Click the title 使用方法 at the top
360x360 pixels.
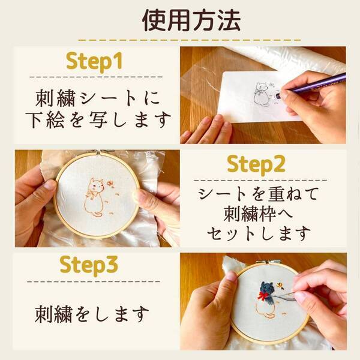(x=191, y=20)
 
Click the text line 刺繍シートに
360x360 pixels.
(x=96, y=96)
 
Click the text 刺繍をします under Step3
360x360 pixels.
(x=91, y=313)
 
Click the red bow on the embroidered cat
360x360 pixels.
(x=263, y=296)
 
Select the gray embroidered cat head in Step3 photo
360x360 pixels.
(x=266, y=289)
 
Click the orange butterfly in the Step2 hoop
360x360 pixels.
(x=110, y=184)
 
